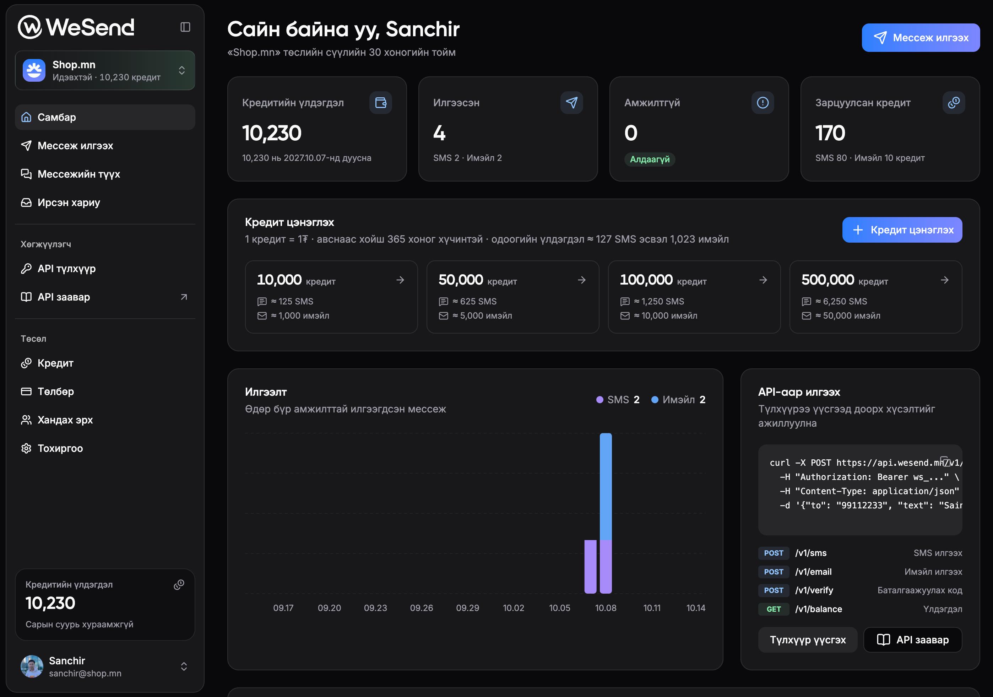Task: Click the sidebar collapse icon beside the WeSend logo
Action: [185, 27]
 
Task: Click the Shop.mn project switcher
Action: [105, 71]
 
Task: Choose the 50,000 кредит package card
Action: [512, 297]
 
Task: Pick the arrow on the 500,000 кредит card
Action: [945, 280]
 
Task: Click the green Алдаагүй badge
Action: [650, 159]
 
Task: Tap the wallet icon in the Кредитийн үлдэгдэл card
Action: [381, 103]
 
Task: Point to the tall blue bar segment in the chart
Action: [606, 486]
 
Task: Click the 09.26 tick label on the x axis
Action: [421, 608]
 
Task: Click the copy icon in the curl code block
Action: [945, 461]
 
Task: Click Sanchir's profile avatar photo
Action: [32, 666]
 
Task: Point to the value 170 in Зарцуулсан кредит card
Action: [830, 133]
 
